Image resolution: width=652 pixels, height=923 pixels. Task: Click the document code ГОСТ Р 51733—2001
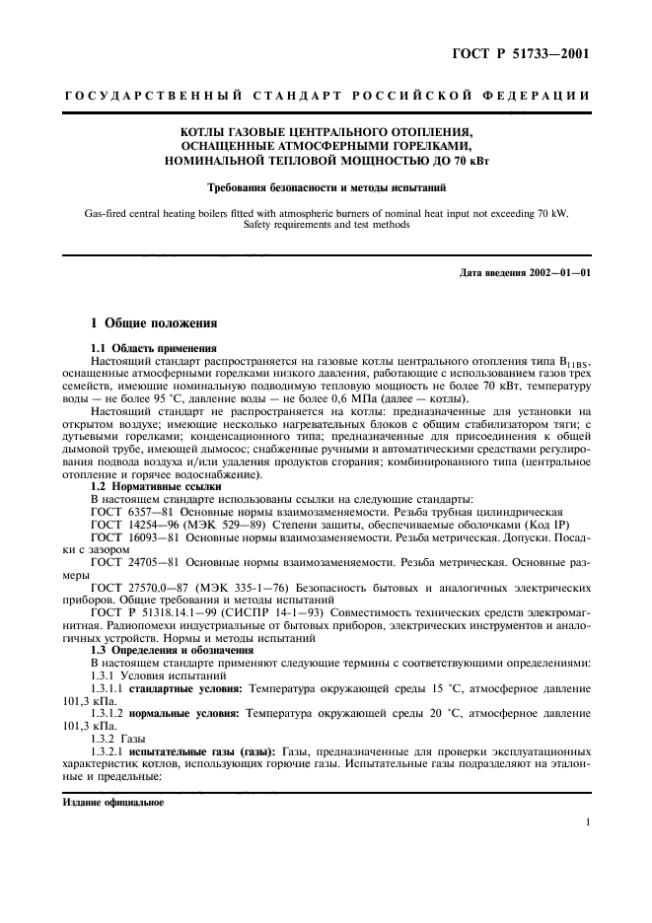(x=513, y=54)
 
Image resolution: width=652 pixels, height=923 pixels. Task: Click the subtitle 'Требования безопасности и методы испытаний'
(x=326, y=185)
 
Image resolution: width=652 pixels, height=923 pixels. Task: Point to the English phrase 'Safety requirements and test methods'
(x=326, y=225)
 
